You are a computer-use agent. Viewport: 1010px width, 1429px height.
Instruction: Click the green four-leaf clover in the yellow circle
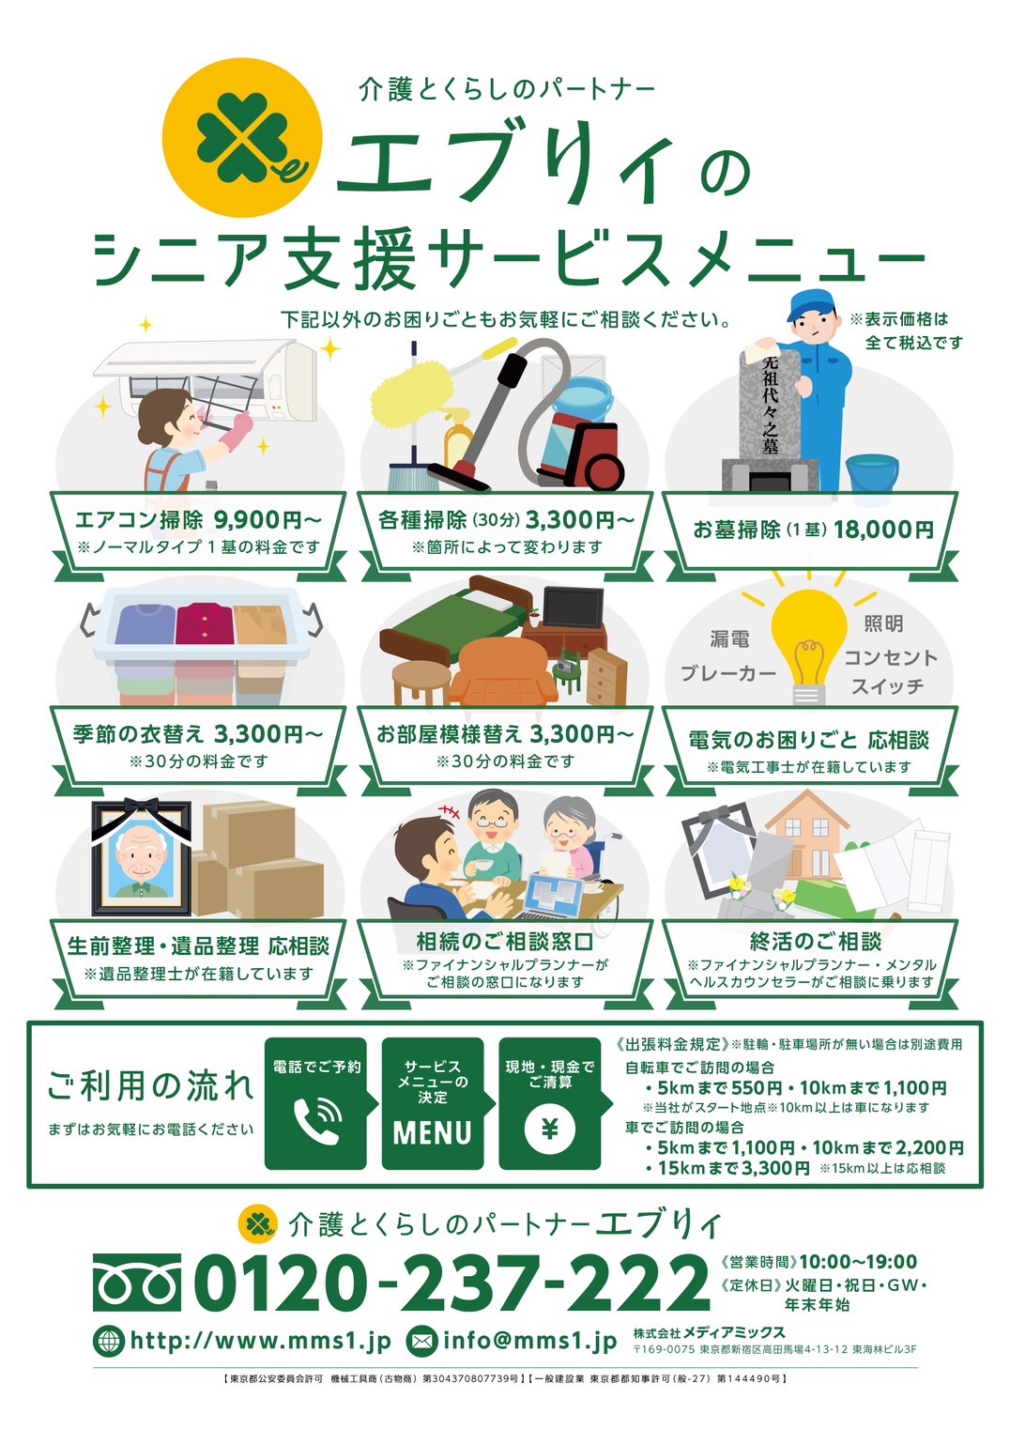237,136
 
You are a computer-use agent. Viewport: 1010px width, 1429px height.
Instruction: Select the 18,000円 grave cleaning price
883,530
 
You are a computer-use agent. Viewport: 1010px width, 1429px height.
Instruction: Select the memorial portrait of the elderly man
142,857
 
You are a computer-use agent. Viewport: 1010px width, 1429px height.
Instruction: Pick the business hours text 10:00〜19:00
858,1261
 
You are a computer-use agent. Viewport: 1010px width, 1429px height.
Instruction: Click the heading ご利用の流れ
151,1086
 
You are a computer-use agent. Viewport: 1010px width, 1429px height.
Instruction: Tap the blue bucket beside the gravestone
872,471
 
